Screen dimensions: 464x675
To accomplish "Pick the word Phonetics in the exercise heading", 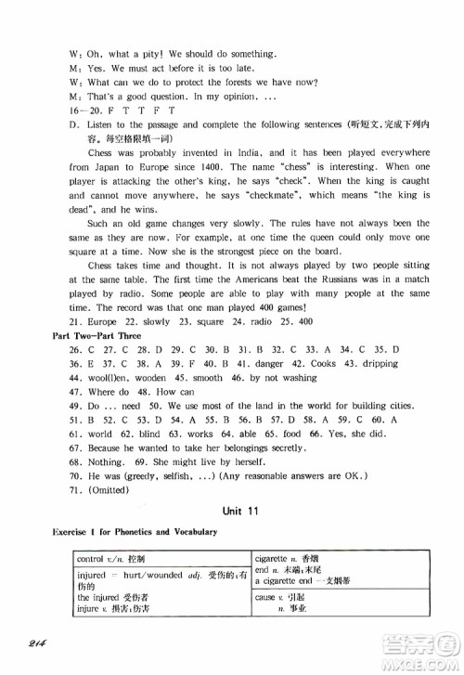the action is [145, 532].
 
